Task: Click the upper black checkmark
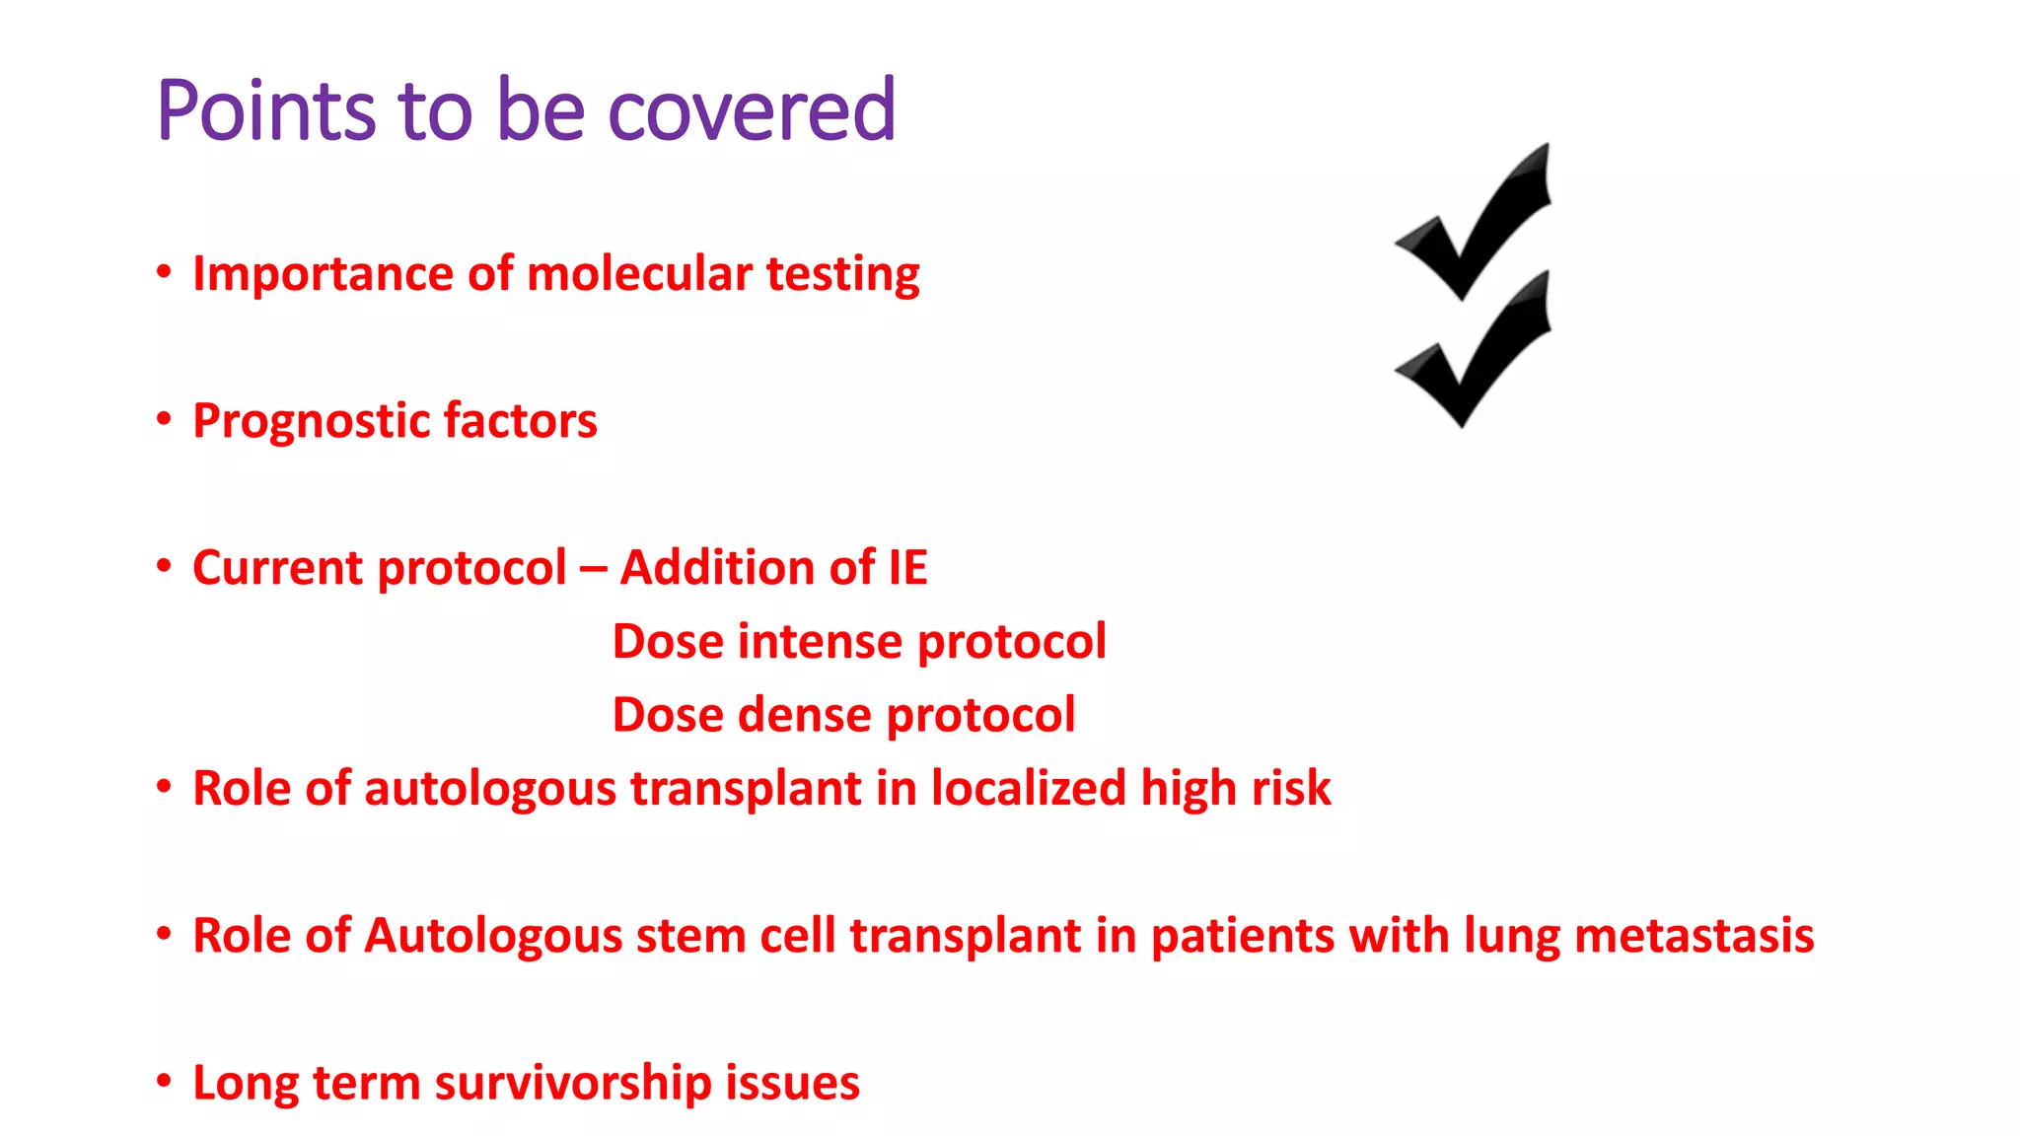1474,223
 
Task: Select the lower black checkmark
1474,351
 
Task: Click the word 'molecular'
640,273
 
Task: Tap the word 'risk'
1290,789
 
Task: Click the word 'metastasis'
1694,936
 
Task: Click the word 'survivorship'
572,1084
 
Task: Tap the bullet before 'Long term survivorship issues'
164,1080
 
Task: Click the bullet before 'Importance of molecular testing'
164,271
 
